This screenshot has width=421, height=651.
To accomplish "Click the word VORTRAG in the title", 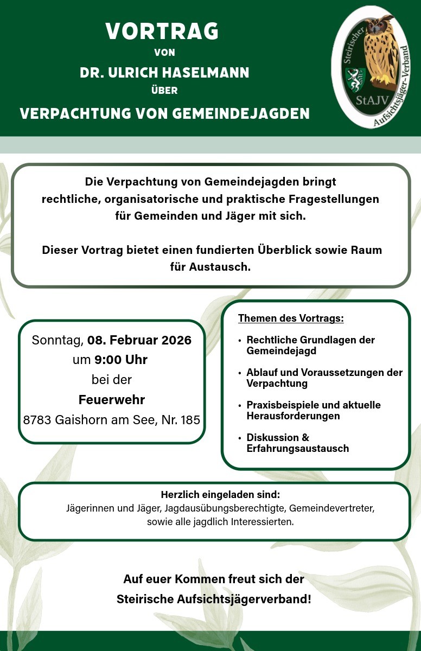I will (x=162, y=31).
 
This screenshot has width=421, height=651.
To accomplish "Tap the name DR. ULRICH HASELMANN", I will (x=164, y=73).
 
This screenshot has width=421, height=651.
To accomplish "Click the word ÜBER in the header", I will (x=164, y=91).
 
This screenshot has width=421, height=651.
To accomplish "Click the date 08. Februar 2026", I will (x=139, y=340).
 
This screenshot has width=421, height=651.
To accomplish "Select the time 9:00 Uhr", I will (x=121, y=360).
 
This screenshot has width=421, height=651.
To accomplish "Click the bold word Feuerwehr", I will (x=112, y=400).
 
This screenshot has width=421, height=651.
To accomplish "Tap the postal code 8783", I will (x=37, y=419).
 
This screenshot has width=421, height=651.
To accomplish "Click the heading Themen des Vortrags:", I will (x=291, y=318).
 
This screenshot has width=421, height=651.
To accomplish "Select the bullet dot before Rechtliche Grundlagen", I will (x=240, y=341).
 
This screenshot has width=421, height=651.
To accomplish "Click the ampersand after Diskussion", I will (x=306, y=438).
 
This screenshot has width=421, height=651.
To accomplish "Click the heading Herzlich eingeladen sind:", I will (x=220, y=495).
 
